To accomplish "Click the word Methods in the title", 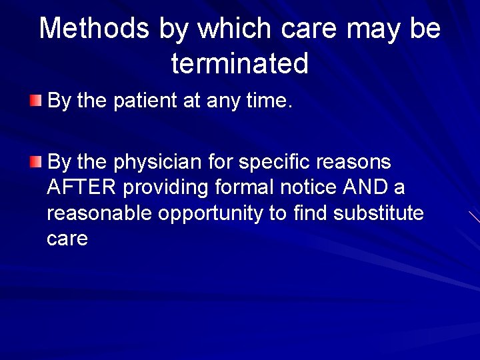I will click(x=95, y=29).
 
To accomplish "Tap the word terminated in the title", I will click(x=240, y=64).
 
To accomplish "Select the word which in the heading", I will click(x=237, y=29).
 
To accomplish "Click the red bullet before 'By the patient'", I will click(x=35, y=101).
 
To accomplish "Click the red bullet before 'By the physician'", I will click(x=35, y=161).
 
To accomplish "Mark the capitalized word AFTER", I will click(x=81, y=188).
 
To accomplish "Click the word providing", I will click(x=165, y=188).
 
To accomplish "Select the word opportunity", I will click(x=209, y=214).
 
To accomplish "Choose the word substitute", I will click(x=378, y=213).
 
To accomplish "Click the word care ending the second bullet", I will click(x=67, y=239).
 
